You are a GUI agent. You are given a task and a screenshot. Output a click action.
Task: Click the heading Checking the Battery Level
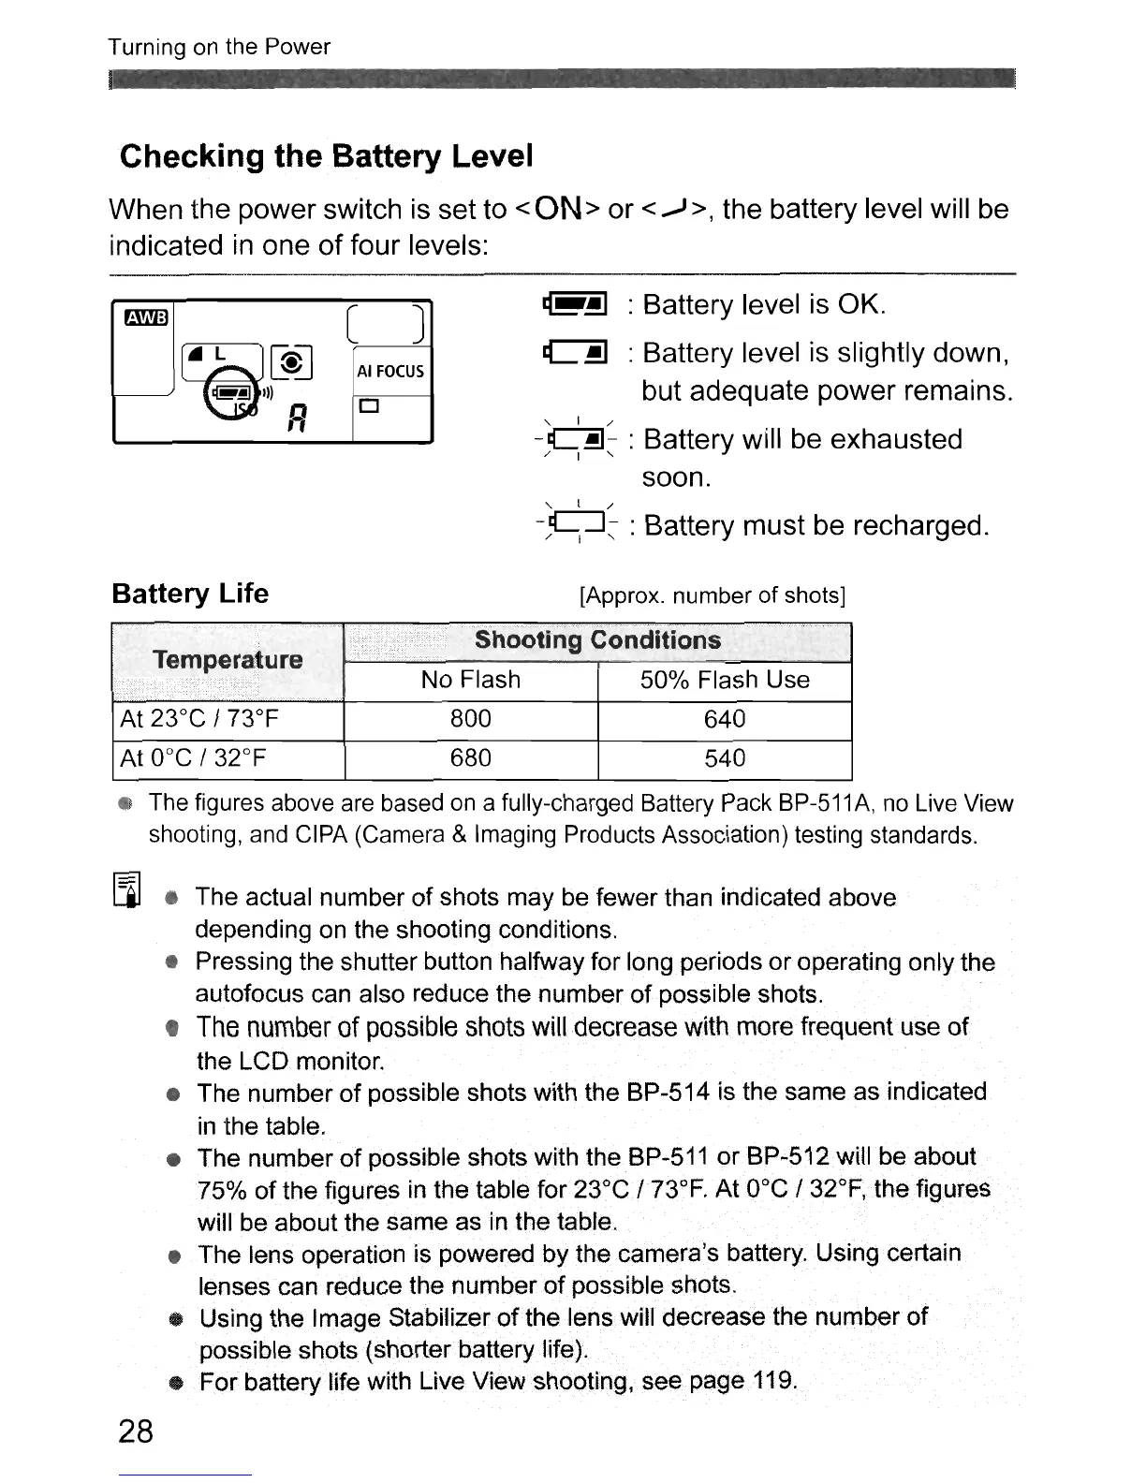click(x=327, y=155)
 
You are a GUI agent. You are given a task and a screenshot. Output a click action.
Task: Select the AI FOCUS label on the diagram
click(x=390, y=372)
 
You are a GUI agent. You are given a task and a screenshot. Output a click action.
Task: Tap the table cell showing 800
click(x=470, y=719)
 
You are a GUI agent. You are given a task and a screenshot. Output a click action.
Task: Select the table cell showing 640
click(x=725, y=719)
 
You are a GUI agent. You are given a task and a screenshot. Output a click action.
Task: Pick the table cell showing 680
click(x=470, y=757)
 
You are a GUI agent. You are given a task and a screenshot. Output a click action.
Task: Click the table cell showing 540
click(x=725, y=757)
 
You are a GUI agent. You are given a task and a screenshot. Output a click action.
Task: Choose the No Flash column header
click(x=470, y=680)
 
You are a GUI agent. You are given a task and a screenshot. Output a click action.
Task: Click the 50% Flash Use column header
click(x=725, y=680)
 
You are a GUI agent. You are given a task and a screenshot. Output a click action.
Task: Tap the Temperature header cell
click(x=228, y=660)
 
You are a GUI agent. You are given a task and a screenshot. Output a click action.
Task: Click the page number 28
click(x=136, y=1432)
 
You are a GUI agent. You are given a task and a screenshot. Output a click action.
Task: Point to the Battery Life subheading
click(x=190, y=594)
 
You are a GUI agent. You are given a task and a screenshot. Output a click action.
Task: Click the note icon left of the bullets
click(x=127, y=889)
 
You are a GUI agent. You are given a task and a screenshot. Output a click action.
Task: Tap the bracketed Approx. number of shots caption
click(x=713, y=596)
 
